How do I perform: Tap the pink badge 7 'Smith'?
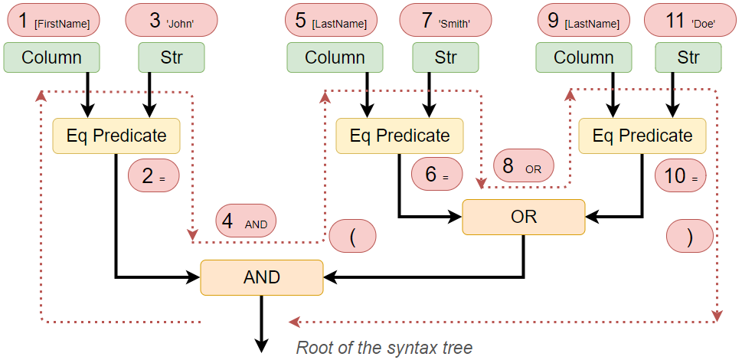point(446,21)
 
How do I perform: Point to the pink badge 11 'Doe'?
point(691,21)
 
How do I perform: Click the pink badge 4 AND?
point(247,222)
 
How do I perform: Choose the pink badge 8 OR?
point(524,165)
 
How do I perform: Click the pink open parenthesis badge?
point(353,236)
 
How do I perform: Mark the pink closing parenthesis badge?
point(690,237)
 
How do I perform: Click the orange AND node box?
point(261,277)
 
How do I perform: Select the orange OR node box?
point(523,217)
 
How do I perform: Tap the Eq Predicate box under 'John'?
point(116,136)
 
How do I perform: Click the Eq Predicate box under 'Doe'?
point(642,136)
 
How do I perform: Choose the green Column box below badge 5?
point(335,57)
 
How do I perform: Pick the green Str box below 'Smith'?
point(445,57)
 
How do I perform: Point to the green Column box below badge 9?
point(583,57)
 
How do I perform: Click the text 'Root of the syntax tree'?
point(384,347)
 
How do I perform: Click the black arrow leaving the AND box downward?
point(262,322)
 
